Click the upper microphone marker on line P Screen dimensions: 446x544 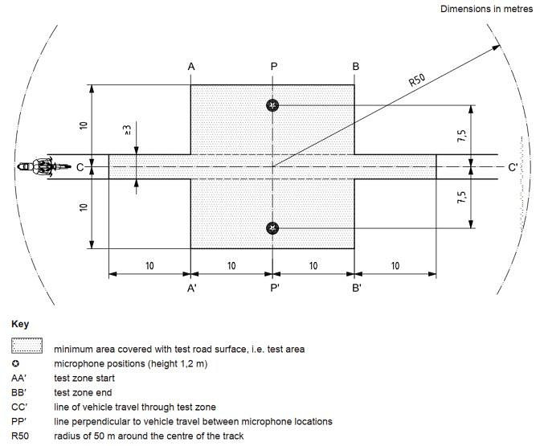pos(273,105)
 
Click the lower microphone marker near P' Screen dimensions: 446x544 pos(273,228)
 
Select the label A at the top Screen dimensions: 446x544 pos(191,67)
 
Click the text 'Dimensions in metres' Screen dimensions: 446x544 pos(485,9)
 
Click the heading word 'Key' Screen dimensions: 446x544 pos(20,325)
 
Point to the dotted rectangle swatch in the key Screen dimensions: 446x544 pos(27,348)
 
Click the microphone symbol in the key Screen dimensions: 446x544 pos(17,363)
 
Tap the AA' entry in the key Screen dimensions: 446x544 pos(18,378)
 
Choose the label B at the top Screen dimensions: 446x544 pos(355,67)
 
